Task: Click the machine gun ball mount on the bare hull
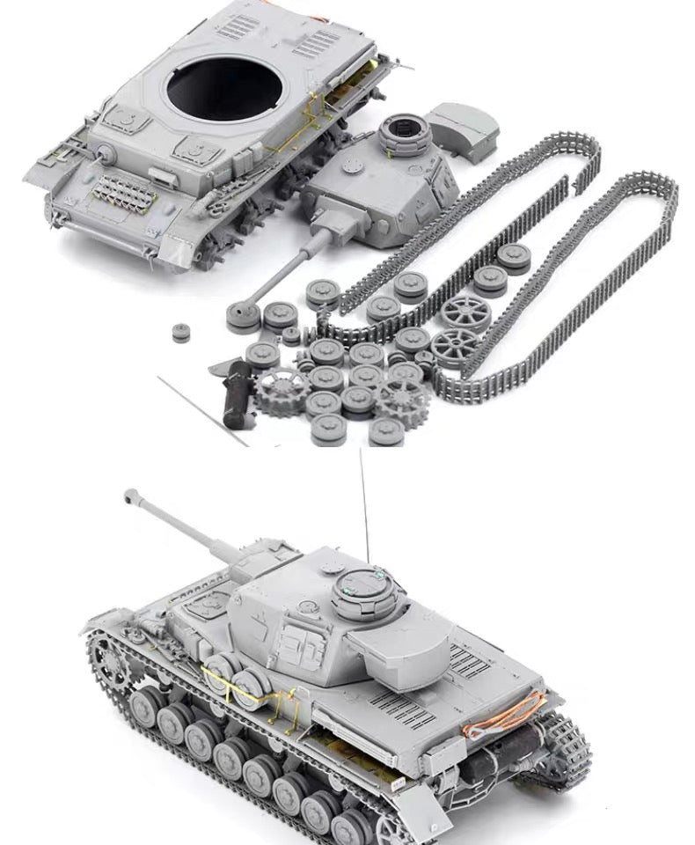106,154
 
